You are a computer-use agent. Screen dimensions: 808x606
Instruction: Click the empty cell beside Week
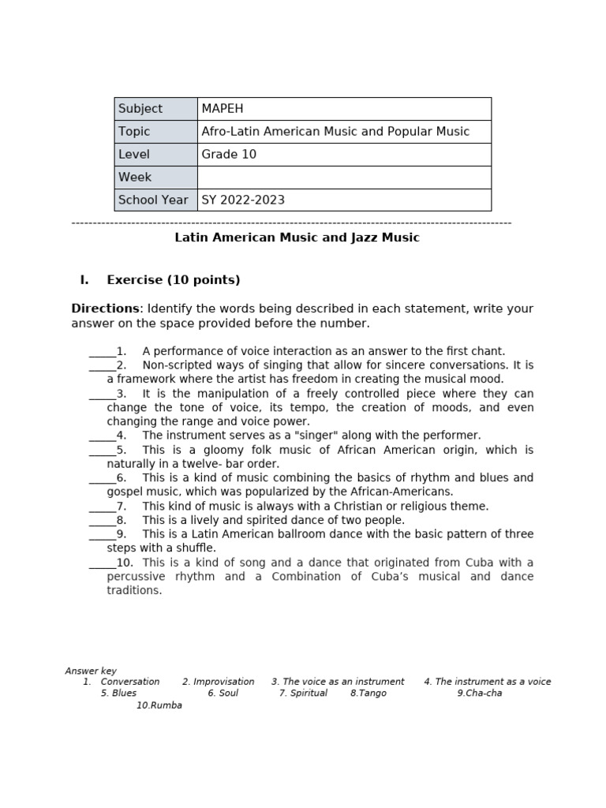344,178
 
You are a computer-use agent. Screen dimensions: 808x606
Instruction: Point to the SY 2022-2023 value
243,200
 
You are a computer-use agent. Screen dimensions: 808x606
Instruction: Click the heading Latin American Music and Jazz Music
297,238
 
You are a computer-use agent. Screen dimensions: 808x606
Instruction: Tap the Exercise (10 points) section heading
174,280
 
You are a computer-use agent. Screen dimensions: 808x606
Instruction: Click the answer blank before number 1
102,353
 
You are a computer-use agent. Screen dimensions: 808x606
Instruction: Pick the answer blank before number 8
102,522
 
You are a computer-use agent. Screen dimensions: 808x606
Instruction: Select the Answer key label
91,671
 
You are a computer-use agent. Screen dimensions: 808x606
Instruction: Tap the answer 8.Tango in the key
368,694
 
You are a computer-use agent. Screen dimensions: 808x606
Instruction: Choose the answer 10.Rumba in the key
159,705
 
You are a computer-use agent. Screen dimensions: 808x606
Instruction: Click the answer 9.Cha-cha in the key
480,694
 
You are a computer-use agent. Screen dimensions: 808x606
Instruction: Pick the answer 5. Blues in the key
118,694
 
